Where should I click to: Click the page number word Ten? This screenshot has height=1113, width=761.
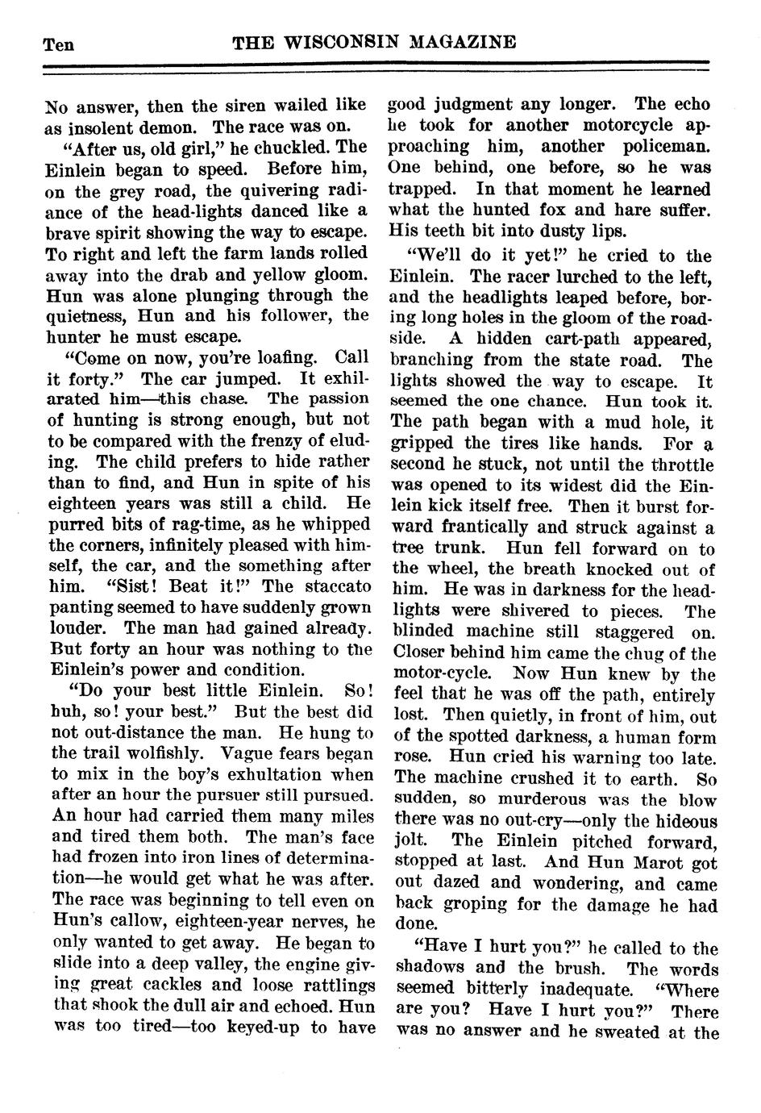58,44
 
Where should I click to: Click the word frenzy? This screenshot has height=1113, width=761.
287,441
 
